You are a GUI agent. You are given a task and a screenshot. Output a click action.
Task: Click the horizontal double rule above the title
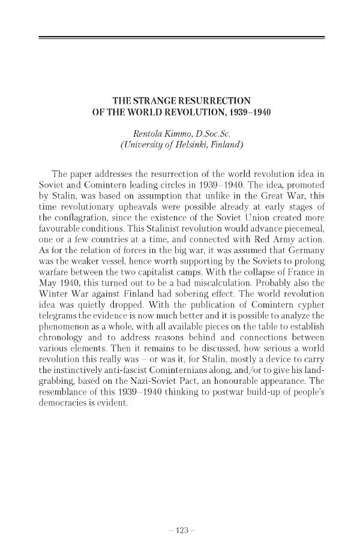click(x=181, y=38)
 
